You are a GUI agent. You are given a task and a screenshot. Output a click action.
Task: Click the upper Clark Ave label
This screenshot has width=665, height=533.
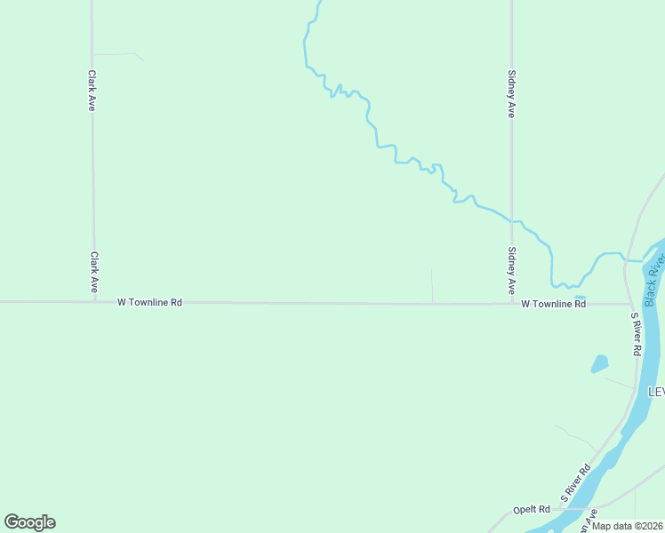(91, 91)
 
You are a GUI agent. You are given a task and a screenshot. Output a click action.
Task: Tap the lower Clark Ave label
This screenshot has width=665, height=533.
(93, 273)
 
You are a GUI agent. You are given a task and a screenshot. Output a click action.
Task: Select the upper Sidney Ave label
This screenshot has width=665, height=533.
(511, 94)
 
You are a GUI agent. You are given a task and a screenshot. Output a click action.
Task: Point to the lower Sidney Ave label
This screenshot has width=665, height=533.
(511, 271)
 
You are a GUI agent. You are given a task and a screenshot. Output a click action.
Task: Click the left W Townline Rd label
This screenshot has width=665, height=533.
(149, 302)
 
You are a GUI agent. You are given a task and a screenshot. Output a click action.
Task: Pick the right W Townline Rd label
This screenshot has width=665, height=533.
(553, 304)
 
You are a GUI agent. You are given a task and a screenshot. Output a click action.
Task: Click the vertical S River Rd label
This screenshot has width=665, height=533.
(636, 334)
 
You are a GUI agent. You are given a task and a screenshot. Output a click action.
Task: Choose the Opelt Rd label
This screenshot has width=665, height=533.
(532, 510)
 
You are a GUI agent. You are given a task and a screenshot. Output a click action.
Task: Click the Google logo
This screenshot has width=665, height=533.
(30, 522)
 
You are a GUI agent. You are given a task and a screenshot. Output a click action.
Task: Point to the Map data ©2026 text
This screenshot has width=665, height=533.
(627, 526)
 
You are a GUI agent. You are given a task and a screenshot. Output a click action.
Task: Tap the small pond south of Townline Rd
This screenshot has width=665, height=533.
(599, 363)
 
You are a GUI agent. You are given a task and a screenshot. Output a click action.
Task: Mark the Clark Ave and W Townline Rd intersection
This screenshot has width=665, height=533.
(93, 302)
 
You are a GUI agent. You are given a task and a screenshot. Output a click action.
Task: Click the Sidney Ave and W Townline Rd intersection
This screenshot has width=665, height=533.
(511, 304)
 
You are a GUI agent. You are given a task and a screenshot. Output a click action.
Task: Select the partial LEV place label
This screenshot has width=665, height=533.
(656, 392)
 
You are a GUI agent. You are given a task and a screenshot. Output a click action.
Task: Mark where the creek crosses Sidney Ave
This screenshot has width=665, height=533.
(511, 219)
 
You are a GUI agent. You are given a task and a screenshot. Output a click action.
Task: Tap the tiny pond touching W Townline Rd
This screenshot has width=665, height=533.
(580, 298)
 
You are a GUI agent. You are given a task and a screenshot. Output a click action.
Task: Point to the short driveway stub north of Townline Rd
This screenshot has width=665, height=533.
(432, 285)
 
